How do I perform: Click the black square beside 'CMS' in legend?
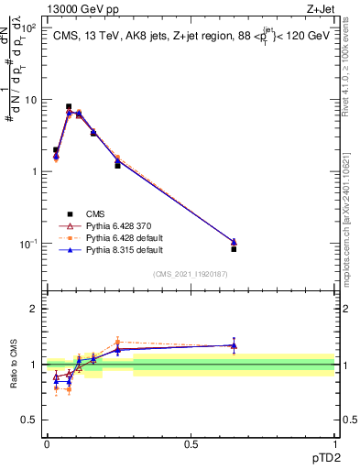click(70, 213)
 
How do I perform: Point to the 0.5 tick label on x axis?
click(191, 444)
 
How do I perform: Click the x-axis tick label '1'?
click(334, 444)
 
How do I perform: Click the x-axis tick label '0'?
click(47, 444)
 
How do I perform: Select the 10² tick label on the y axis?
click(31, 27)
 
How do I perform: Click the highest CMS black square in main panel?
click(69, 106)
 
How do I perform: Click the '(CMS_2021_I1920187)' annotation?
click(190, 273)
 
